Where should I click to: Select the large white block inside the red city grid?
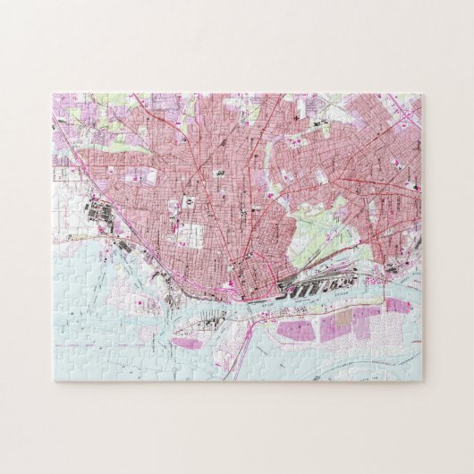pos(189,235)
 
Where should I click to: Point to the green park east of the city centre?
pos(313,228)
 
